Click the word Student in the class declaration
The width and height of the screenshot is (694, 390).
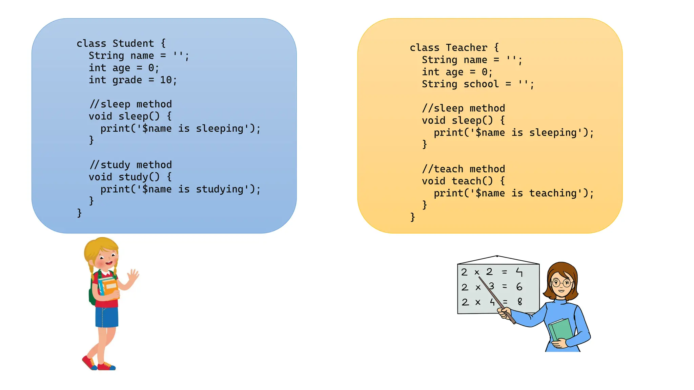tap(133, 44)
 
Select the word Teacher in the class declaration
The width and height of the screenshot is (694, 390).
tap(466, 48)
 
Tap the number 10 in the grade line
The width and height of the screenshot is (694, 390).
tap(166, 80)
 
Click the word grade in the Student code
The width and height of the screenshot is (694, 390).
tap(127, 80)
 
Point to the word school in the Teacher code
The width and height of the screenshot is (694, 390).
tap(481, 84)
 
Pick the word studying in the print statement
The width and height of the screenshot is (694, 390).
tap(220, 189)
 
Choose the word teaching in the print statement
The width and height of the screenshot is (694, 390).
tap(553, 193)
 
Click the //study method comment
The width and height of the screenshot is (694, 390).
tap(130, 165)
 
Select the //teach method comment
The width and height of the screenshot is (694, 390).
tap(464, 169)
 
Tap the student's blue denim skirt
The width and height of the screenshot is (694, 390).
tap(107, 317)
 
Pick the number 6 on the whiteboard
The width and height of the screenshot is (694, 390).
tap(519, 287)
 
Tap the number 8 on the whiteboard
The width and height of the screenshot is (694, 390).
tap(520, 301)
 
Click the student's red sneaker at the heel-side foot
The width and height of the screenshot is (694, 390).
tap(89, 362)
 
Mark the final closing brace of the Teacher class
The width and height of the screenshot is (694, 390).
tap(412, 217)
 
